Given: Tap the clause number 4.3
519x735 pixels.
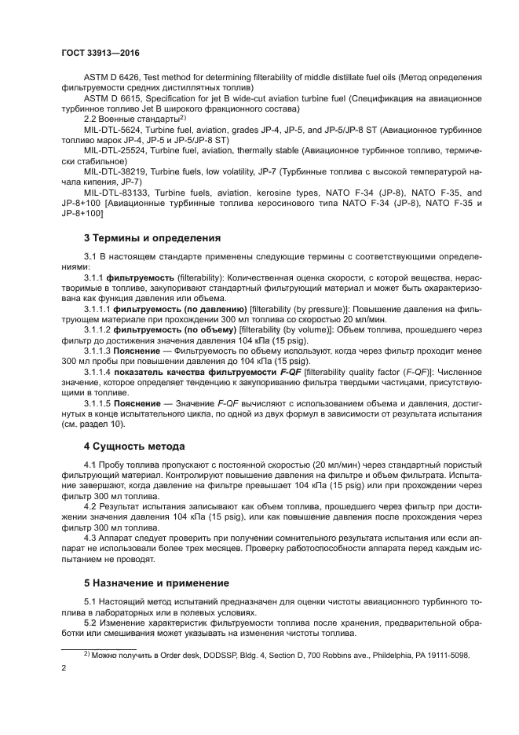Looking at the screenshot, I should tap(91, 538).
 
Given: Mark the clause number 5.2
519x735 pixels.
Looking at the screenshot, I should tap(91, 623).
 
